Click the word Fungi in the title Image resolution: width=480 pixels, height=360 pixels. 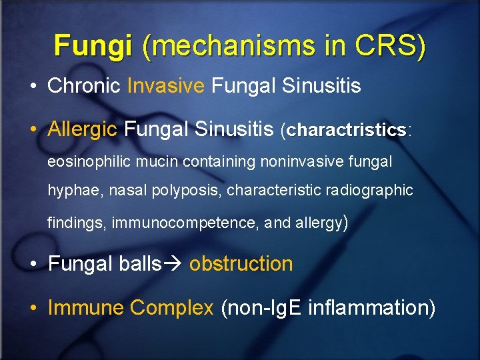pos(93,45)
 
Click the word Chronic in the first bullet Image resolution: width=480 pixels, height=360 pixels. pos(84,85)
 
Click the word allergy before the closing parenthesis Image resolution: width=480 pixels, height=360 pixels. pos(317,223)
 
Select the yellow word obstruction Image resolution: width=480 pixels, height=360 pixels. pos(241,264)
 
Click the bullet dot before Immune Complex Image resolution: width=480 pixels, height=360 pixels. pos(33,309)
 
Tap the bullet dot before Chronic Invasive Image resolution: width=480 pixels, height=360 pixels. pos(33,86)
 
